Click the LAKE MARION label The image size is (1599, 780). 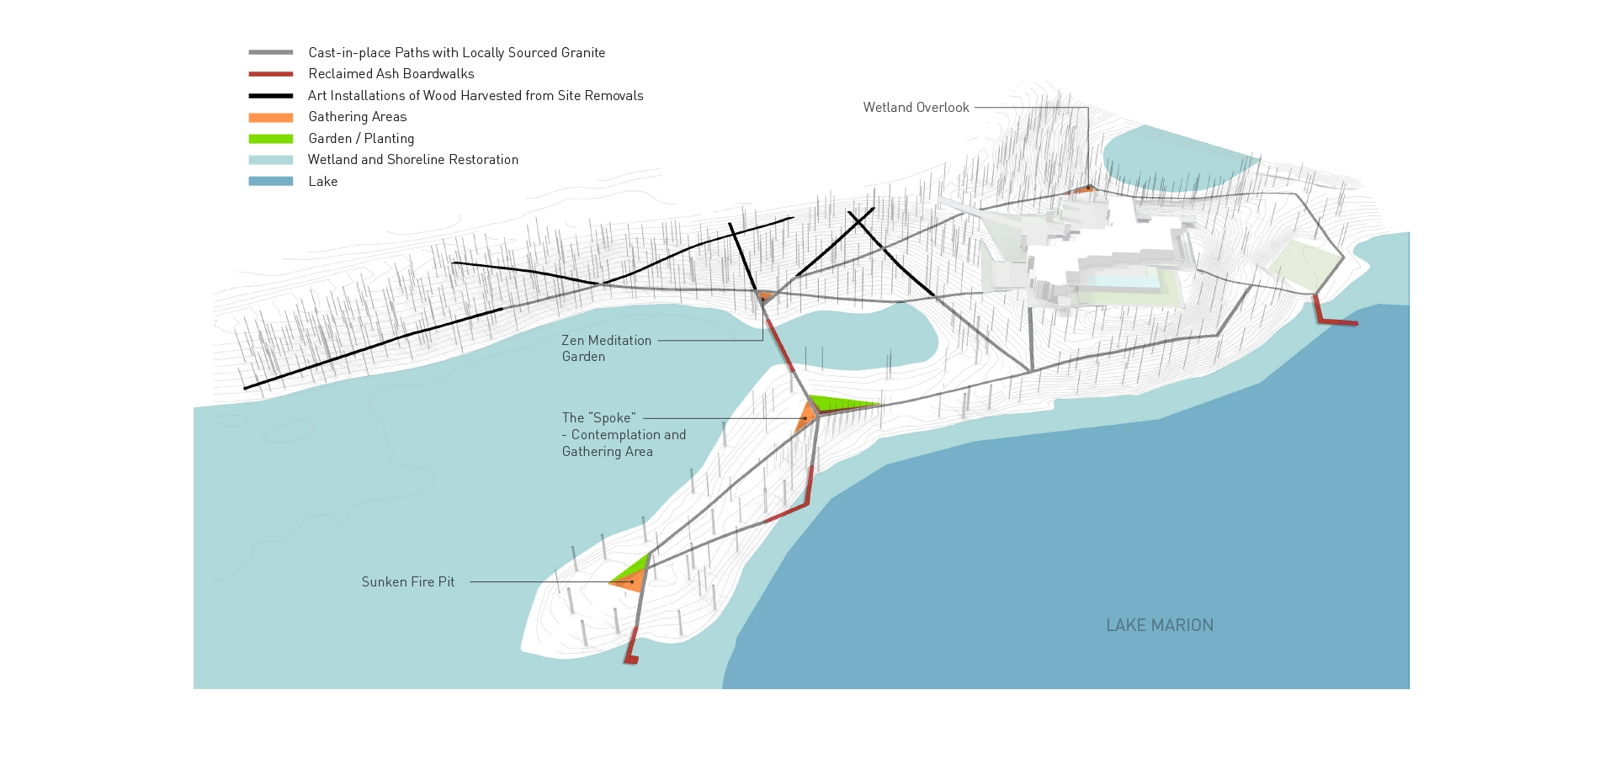pos(1159,625)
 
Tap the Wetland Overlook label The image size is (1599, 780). pos(916,108)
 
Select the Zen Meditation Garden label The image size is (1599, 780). pos(606,348)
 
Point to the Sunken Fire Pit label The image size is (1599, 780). pos(408,581)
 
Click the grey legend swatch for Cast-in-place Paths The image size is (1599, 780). pos(270,52)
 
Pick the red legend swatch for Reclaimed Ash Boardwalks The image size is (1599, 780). pos(270,74)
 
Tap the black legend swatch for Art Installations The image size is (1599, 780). pos(270,96)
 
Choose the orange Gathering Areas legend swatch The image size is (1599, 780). pos(270,117)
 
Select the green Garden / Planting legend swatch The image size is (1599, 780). pos(270,139)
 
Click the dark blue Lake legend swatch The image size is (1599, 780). pos(270,181)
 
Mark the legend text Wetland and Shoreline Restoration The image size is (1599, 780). pos(412,160)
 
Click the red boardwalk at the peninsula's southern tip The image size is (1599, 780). pos(631,649)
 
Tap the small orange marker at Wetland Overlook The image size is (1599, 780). pos(1083,189)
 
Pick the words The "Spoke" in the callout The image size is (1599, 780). pos(598,418)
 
